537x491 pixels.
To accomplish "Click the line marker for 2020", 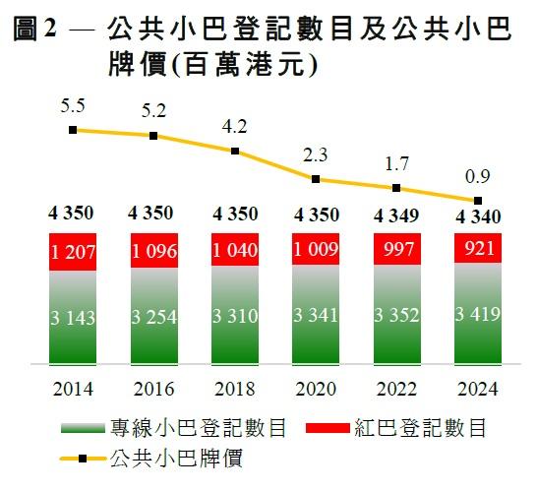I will (x=315, y=179).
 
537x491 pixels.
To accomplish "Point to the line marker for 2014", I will (x=73, y=129).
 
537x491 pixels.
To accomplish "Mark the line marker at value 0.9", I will (x=476, y=201).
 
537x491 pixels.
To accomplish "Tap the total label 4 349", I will (x=395, y=215).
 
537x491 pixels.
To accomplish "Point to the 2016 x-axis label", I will (x=152, y=389).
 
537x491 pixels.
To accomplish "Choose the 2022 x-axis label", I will (x=395, y=389).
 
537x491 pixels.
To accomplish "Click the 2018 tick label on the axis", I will (x=234, y=389).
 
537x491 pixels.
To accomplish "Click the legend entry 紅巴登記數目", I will (x=413, y=429).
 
